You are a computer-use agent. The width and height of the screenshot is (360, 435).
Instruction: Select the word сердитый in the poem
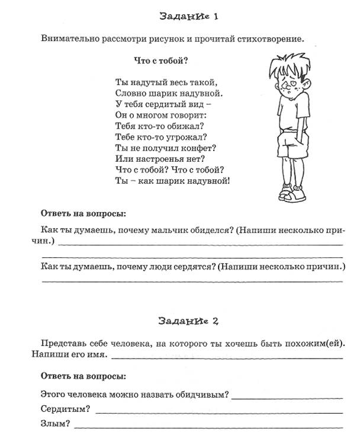coord(163,104)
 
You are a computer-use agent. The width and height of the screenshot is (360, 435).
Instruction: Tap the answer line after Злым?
coord(207,426)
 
